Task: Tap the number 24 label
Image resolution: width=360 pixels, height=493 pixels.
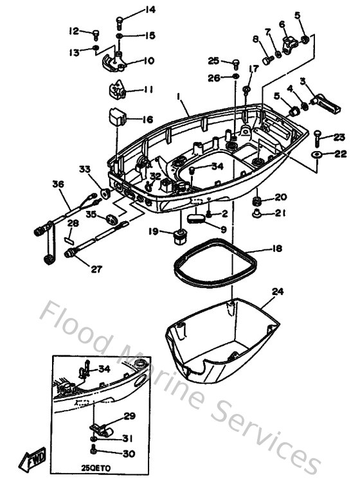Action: coord(278,291)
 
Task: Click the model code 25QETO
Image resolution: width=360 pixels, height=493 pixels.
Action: coord(96,469)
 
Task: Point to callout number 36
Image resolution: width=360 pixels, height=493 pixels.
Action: coord(59,184)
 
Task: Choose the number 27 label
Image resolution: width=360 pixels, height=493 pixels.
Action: coord(96,269)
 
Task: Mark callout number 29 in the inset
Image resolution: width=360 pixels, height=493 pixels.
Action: coord(130,417)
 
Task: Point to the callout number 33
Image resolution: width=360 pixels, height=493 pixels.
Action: coord(85,169)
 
